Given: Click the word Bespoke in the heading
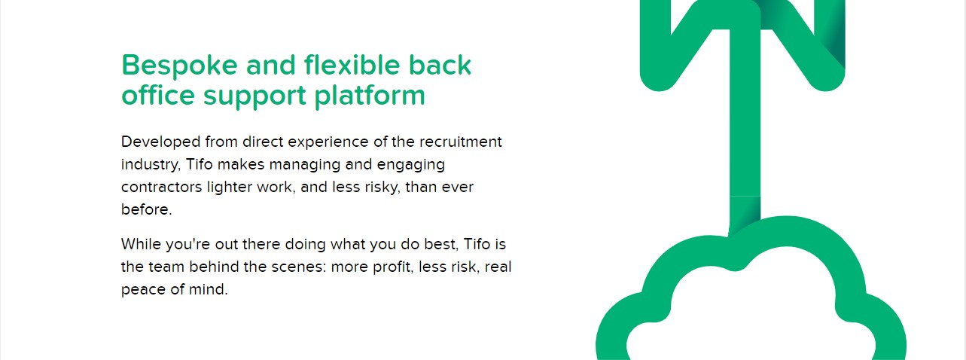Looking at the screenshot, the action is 179,66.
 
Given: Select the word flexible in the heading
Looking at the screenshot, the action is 352,65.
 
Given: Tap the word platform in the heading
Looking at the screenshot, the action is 370,96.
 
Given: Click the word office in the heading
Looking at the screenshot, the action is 158,95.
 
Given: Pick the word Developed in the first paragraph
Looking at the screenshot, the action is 161,142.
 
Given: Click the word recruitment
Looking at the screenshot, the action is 461,142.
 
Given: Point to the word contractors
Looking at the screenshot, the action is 161,188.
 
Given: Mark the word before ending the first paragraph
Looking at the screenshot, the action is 147,209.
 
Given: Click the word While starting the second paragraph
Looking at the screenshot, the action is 141,244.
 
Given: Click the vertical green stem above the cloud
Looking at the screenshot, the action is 745,130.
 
